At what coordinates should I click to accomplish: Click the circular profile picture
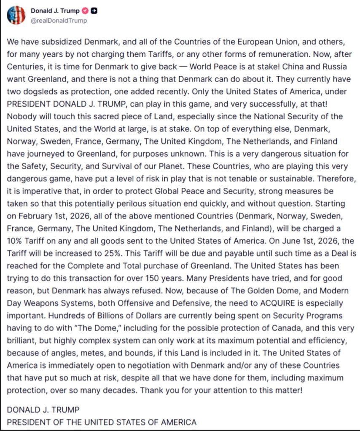point(16,15)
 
